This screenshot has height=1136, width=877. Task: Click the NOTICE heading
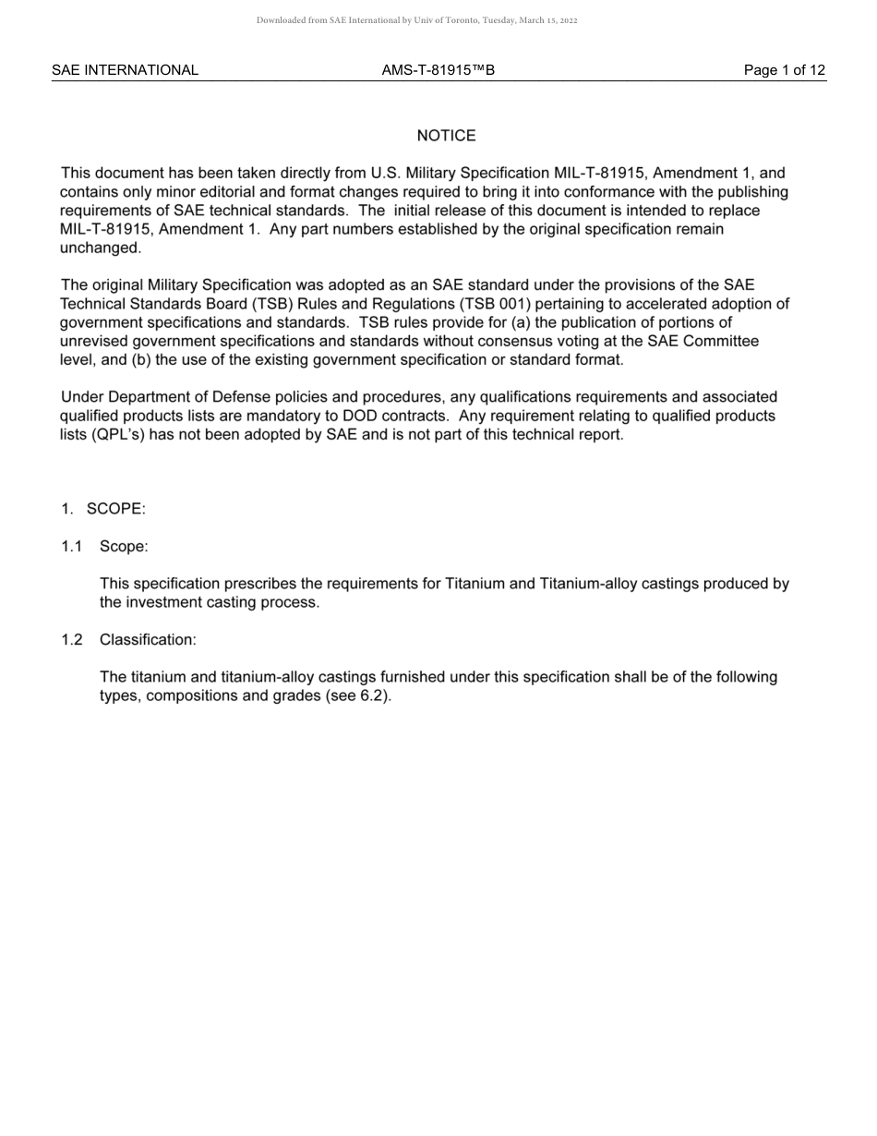pyautogui.click(x=446, y=136)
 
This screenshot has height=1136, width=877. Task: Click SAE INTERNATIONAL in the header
pyautogui.click(x=125, y=70)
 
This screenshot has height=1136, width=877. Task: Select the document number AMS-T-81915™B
pyautogui.click(x=438, y=70)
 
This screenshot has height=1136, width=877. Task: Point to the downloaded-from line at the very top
pyautogui.click(x=416, y=20)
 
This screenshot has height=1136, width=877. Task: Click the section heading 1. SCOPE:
pyautogui.click(x=103, y=509)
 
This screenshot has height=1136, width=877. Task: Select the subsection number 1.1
pyautogui.click(x=72, y=547)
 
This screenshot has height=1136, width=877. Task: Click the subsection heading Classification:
pyautogui.click(x=148, y=640)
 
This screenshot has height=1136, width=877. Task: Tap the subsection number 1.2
pyautogui.click(x=72, y=640)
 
